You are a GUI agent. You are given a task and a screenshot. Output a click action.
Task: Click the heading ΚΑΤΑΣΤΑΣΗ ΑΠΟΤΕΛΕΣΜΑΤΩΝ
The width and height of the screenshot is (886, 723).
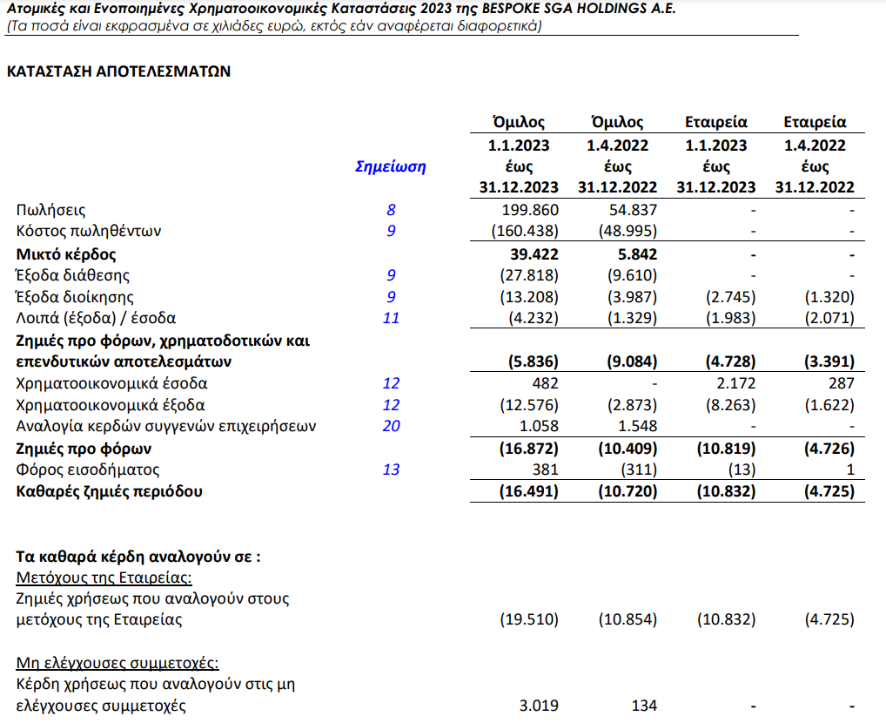118,71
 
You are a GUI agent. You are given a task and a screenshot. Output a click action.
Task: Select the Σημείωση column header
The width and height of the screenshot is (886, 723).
391,166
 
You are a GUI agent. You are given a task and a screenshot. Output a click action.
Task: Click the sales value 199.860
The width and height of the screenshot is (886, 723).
531,210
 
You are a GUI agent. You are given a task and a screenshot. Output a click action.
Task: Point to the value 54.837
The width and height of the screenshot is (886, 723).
630,210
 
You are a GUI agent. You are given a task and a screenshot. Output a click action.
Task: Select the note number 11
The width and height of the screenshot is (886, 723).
391,318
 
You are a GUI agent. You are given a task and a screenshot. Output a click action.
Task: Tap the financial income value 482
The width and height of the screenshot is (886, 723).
545,383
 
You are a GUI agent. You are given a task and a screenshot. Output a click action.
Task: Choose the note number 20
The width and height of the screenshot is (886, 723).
391,426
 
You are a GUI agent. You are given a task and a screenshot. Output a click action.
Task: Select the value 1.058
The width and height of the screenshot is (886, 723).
539,426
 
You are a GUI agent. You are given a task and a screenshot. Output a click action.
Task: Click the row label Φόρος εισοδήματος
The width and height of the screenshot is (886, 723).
88,470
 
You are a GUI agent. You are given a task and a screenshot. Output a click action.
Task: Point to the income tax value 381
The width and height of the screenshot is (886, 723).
545,470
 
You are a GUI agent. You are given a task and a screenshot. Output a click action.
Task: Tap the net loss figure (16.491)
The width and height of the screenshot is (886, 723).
528,491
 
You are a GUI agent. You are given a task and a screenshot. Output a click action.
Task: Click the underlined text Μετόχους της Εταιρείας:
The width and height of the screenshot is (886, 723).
104,578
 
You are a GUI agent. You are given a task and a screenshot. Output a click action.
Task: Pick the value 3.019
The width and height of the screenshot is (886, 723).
539,705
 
